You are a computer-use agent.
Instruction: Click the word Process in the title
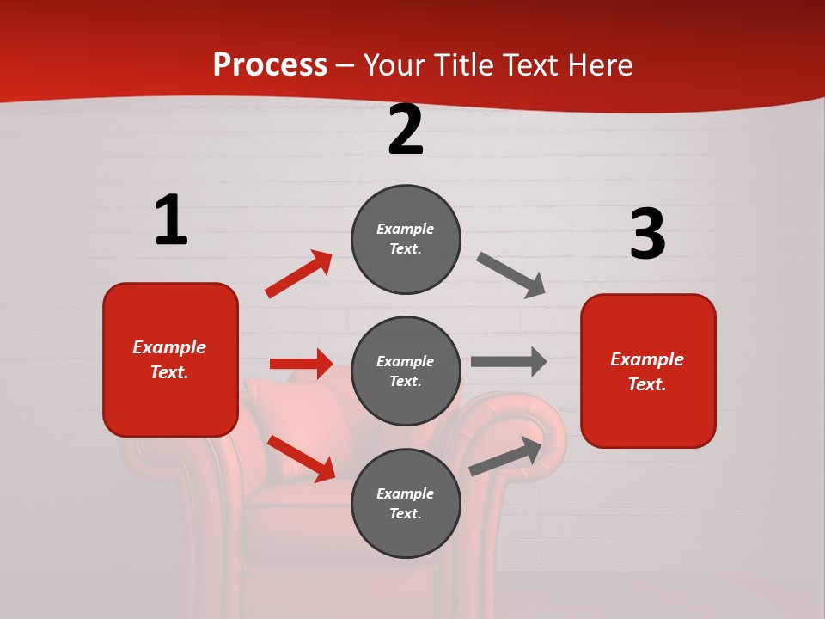270,65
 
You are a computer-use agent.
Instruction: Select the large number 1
171,220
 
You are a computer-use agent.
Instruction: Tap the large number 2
406,130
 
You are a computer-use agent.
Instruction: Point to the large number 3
647,235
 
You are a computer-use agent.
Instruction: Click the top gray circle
406,239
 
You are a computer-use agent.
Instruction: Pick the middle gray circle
406,371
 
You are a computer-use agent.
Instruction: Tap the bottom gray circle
406,504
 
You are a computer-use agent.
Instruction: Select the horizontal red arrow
301,364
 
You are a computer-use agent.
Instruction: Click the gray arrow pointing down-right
511,275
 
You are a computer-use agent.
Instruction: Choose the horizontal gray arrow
508,361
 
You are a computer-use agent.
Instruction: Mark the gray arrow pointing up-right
505,456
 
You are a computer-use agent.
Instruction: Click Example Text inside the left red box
169,359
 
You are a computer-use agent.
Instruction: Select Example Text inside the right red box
647,371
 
